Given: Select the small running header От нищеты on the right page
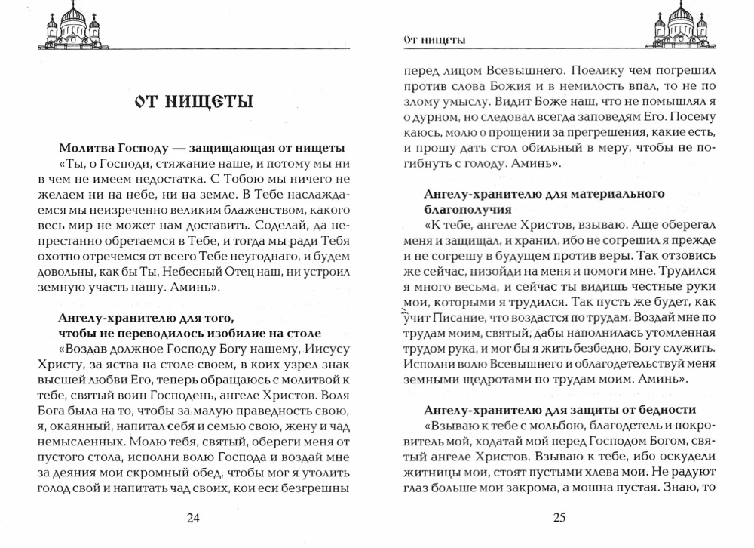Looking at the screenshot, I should [x=434, y=40].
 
